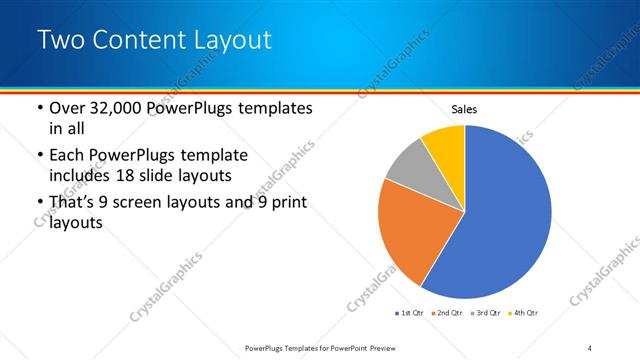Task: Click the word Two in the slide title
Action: tap(60, 40)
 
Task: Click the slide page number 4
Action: tap(590, 347)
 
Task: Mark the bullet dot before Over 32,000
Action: tap(39, 108)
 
